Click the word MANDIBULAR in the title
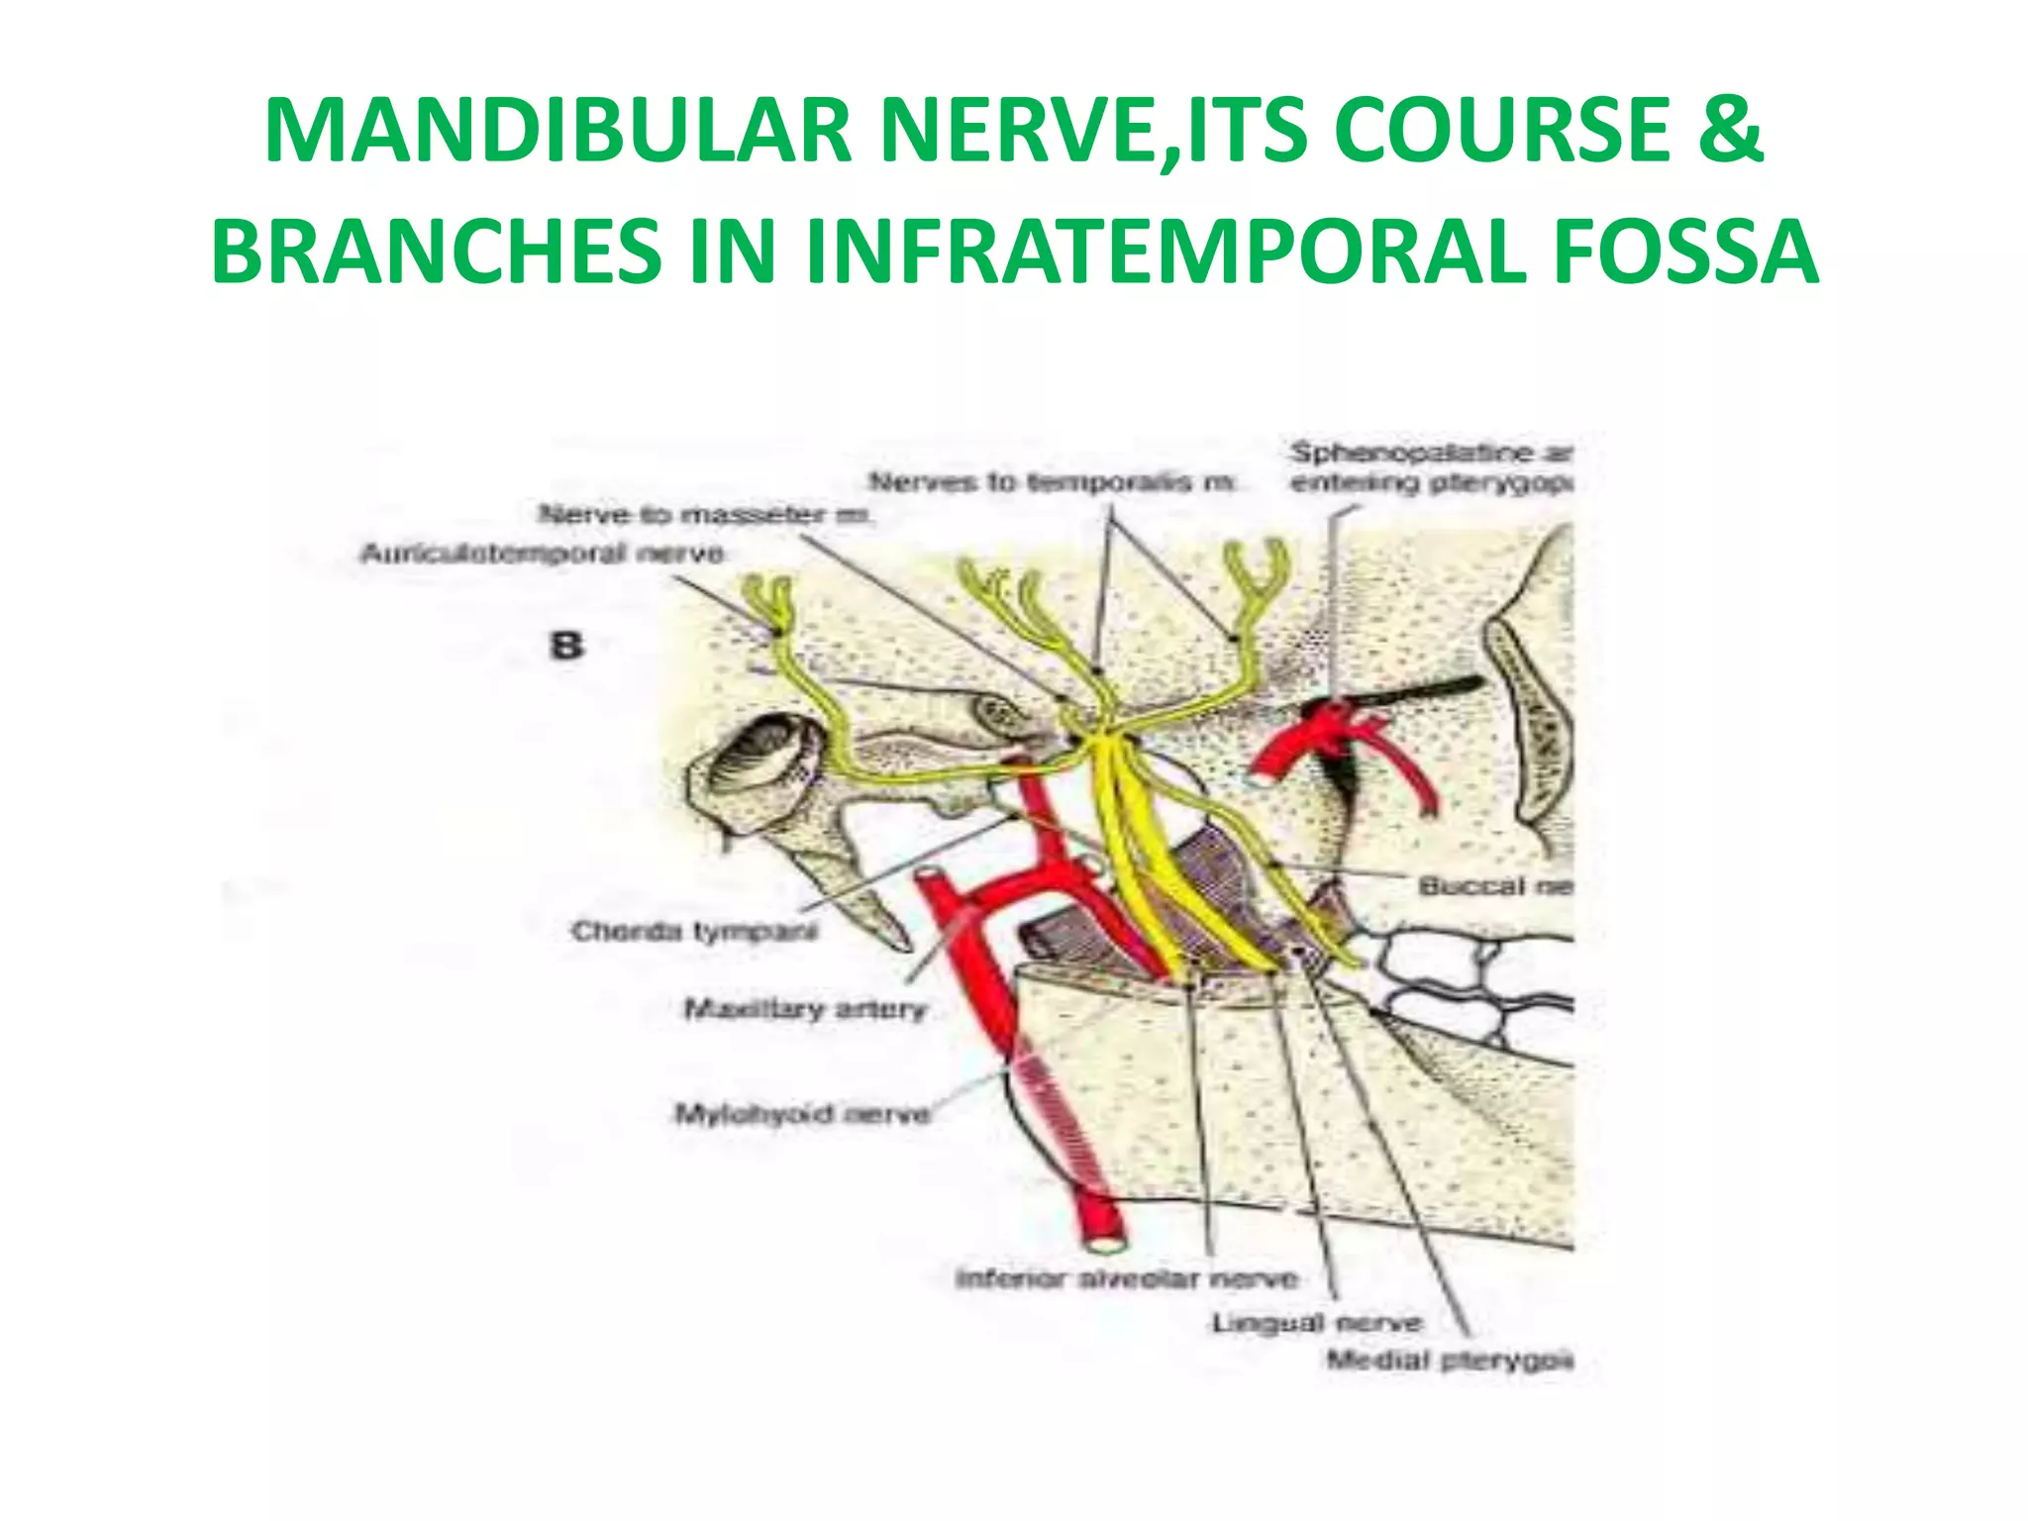pyautogui.click(x=558, y=132)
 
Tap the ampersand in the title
pyautogui.click(x=1730, y=132)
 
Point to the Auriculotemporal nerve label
pyautogui.click(x=542, y=554)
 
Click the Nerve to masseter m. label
pyautogui.click(x=705, y=514)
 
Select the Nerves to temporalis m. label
pyautogui.click(x=1053, y=482)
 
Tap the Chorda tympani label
pyautogui.click(x=695, y=932)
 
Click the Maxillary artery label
pyautogui.click(x=806, y=1009)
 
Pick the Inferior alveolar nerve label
pyautogui.click(x=1126, y=1278)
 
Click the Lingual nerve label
pyautogui.click(x=1316, y=1323)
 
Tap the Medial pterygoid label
pyautogui.click(x=1450, y=1361)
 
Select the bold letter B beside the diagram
pyautogui.click(x=566, y=647)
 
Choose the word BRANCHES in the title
pyautogui.click(x=437, y=252)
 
